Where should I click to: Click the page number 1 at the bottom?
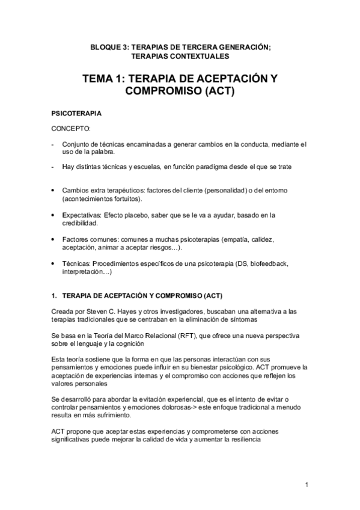pos(307,485)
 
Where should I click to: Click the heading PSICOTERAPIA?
pos(76,113)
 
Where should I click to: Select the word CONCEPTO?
pos(71,129)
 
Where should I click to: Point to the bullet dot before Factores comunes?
pos(55,239)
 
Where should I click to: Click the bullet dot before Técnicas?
pos(55,263)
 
